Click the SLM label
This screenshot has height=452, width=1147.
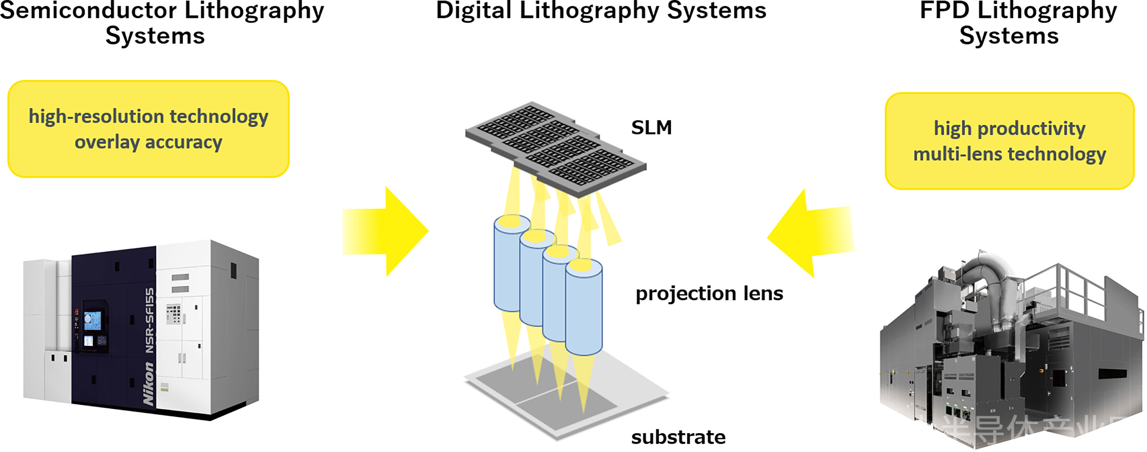coord(651,128)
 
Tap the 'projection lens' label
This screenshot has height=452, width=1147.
coord(709,294)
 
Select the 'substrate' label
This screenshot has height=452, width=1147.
coord(678,437)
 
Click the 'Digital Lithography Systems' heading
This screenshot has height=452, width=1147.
coord(601,11)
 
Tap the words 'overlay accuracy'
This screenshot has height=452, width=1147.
coord(148,142)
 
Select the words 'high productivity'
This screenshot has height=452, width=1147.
coord(1009,128)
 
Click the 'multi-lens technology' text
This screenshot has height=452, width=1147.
coord(1009,154)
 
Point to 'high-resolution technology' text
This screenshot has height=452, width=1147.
coord(148,116)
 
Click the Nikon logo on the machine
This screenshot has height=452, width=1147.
coord(148,384)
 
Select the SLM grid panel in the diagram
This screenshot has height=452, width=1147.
coord(556,148)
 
